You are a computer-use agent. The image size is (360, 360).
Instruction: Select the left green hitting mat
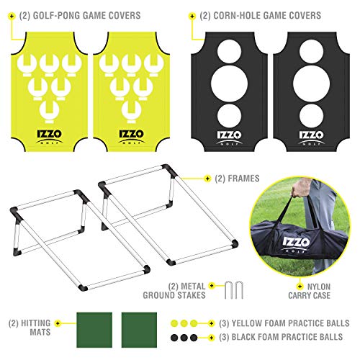coord(94,330)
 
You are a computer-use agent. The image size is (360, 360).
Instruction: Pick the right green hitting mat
coord(139,330)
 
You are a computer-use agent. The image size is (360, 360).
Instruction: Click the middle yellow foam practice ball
coord(184,323)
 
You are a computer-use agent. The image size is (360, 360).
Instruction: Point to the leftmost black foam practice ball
coord(174,338)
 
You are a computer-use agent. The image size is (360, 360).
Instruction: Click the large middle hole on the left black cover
coord(229,84)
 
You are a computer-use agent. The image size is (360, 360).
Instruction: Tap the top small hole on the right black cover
coord(311,52)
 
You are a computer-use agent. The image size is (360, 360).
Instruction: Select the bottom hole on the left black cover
coord(229,116)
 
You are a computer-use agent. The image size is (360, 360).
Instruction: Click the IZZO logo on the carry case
coord(296,245)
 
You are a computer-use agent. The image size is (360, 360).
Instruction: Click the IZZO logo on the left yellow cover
coord(50,137)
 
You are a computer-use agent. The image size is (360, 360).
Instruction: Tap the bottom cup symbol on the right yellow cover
coord(131,112)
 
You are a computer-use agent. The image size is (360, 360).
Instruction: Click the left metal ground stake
coord(228,290)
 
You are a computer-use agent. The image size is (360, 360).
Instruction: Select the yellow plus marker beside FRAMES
coord(207,179)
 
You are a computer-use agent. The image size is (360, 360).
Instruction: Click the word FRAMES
coord(243,179)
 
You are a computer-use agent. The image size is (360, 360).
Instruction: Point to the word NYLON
coord(319,287)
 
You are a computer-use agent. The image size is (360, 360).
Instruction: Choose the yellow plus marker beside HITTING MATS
coord(58,323)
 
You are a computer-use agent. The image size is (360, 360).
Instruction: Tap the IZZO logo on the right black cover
coord(311,138)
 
